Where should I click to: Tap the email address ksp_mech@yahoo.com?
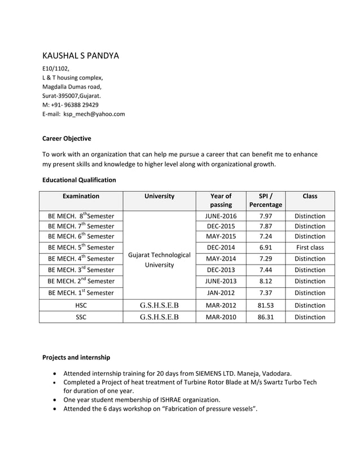(94, 114)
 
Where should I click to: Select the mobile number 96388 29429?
(78, 105)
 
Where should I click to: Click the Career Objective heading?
(67, 138)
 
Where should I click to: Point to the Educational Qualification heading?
(79, 180)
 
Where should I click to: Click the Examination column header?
(81, 196)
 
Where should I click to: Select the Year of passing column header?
(221, 200)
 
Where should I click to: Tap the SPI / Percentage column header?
(266, 200)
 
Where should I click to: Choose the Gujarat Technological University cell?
(160, 260)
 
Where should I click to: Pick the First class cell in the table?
(310, 248)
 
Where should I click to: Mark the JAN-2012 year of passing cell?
(221, 293)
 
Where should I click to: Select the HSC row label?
(81, 305)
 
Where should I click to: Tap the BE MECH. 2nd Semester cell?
(81, 281)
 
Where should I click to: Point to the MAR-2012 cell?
(221, 305)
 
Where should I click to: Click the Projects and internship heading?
(76, 358)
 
